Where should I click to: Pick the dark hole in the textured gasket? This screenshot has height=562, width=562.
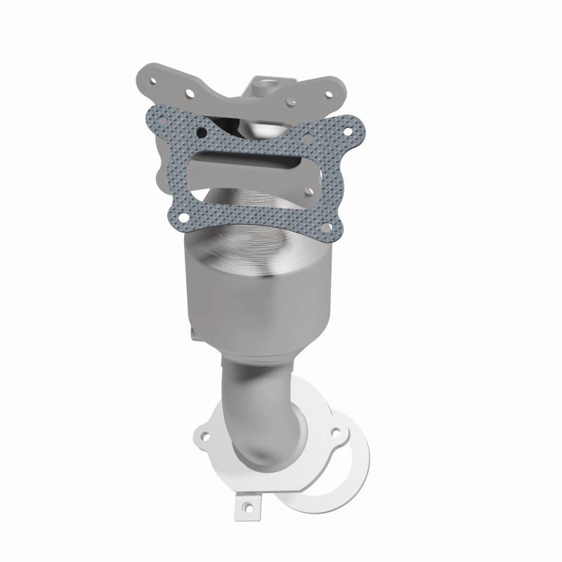click(201, 131)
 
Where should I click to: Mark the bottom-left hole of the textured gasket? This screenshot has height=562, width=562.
click(183, 217)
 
